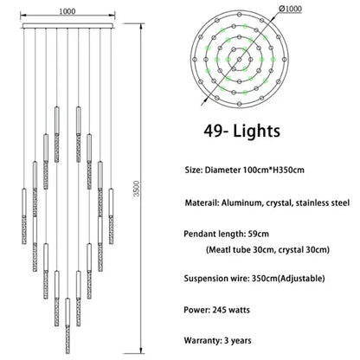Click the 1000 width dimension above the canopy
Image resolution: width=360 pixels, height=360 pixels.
tap(67, 11)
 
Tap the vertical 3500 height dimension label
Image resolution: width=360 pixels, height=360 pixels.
tap(137, 189)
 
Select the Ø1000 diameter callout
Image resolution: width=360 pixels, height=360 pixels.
tap(291, 9)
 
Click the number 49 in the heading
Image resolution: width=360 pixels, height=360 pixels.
tap(213, 131)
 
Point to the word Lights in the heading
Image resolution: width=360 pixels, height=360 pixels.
tap(257, 131)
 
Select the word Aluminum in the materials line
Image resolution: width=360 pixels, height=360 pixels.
tap(242, 203)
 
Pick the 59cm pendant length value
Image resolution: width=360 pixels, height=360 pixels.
tap(258, 234)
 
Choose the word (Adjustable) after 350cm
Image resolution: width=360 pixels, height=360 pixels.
tap(302, 279)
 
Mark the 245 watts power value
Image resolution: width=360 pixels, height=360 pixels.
tap(231, 310)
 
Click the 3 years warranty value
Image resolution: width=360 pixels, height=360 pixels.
tap(238, 340)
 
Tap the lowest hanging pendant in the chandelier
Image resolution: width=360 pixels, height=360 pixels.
tap(67, 326)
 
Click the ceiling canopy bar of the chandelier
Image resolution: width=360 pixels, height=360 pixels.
tap(67, 26)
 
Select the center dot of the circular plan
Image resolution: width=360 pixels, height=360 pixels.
tap(240, 60)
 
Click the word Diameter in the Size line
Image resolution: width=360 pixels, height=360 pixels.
tap(222, 170)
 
